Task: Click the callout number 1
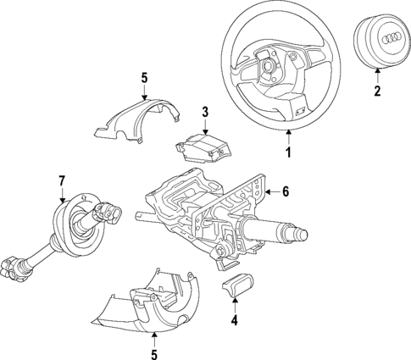click(287, 153)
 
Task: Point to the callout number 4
click(235, 320)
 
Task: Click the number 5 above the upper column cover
click(143, 78)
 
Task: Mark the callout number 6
click(286, 192)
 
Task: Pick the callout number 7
click(61, 180)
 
